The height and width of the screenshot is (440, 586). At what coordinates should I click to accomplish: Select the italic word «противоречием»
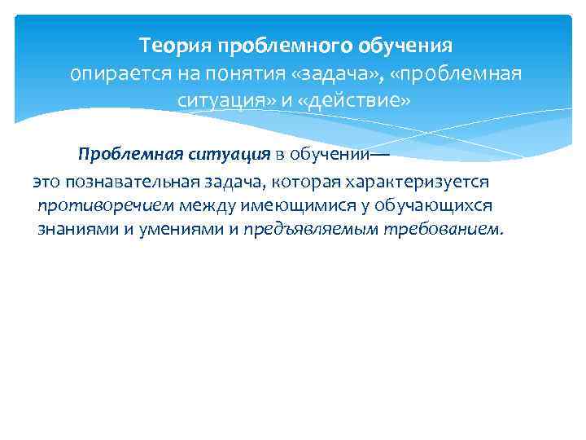click(93, 204)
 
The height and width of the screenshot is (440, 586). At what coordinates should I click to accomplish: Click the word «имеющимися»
click(273, 204)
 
